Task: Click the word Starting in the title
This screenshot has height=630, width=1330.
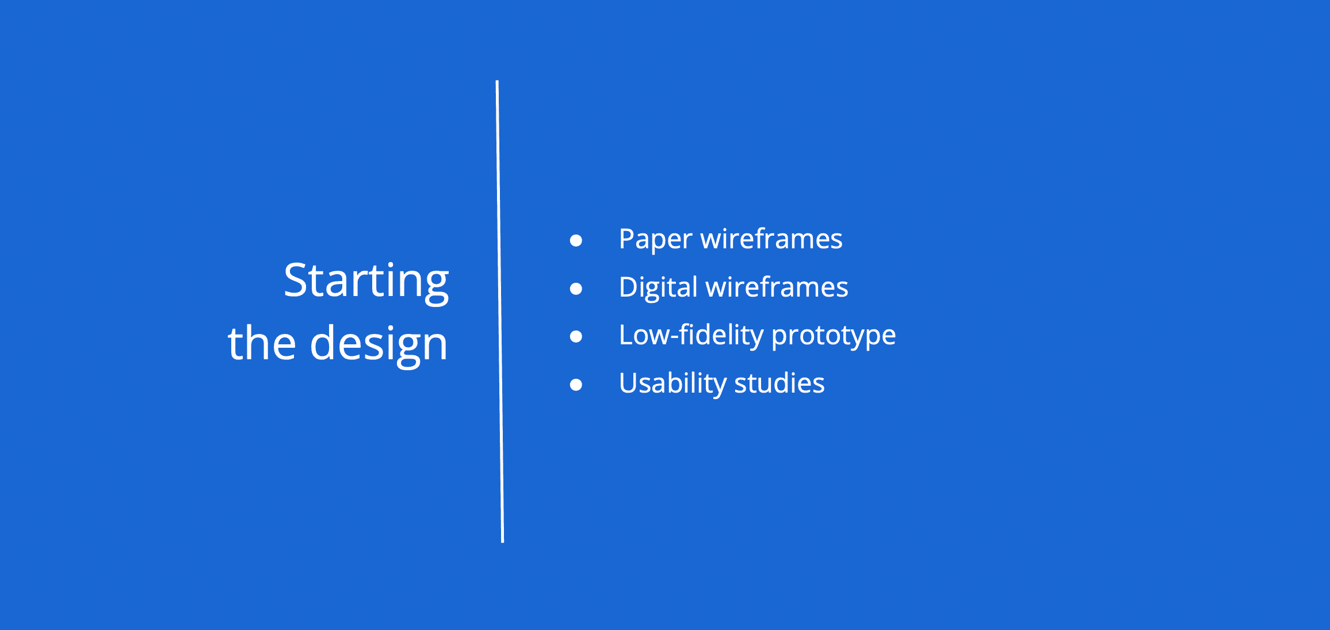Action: coord(366,281)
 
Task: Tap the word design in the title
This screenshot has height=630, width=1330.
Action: coord(379,343)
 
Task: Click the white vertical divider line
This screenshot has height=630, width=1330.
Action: coord(500,311)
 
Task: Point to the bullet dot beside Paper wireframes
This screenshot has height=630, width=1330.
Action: coord(576,240)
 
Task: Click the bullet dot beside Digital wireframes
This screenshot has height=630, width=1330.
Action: coord(576,288)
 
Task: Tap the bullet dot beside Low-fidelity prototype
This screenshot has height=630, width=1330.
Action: coord(576,336)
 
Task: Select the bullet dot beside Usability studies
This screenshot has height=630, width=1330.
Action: coord(576,385)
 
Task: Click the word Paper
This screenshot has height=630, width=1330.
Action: coord(655,240)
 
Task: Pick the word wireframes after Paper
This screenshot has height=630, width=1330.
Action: coord(771,239)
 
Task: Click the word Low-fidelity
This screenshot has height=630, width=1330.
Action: coord(691,336)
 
